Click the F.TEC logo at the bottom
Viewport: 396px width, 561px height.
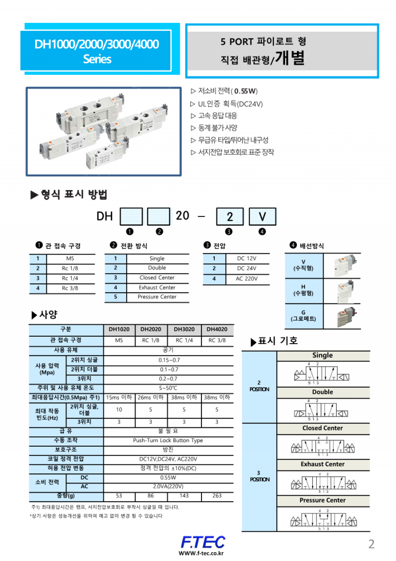(202, 541)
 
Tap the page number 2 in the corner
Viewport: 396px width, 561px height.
(371, 544)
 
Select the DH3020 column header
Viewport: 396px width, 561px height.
(184, 329)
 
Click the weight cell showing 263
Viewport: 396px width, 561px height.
(217, 496)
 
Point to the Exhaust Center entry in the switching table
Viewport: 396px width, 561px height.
(157, 287)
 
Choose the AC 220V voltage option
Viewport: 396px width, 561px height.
(246, 279)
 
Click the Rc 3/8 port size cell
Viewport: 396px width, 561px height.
(70, 288)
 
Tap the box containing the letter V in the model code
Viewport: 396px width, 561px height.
(262, 216)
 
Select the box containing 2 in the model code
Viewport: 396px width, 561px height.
(229, 216)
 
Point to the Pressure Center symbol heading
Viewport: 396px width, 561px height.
(322, 500)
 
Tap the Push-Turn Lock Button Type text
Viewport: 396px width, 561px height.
(168, 440)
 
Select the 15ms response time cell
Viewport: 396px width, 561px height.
(119, 397)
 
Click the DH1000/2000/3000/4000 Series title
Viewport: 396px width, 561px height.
(97, 51)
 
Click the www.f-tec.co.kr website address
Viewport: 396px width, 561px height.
(201, 554)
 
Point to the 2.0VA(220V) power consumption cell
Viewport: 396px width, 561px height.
(168, 486)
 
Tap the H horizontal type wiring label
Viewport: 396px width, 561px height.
(303, 290)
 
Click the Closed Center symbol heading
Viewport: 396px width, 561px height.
(322, 428)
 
